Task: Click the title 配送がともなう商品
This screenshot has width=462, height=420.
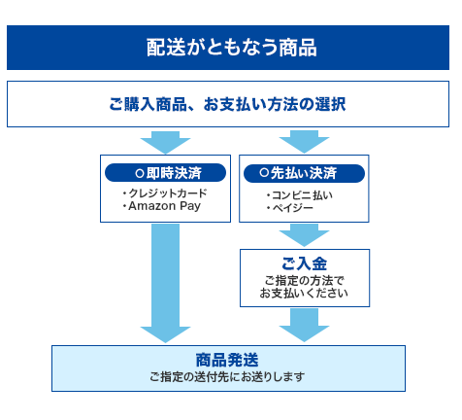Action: tap(231, 48)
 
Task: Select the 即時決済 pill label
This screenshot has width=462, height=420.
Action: tap(166, 172)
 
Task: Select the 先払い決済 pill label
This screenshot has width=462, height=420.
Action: tap(303, 172)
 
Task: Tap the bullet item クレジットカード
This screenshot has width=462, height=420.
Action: tap(164, 193)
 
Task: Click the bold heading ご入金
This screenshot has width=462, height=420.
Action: tap(304, 263)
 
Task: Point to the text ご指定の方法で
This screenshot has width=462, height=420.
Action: tap(304, 280)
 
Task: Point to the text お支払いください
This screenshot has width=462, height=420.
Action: tap(304, 293)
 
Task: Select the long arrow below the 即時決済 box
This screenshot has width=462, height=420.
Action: tap(165, 282)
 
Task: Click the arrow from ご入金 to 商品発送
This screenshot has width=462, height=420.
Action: tap(304, 324)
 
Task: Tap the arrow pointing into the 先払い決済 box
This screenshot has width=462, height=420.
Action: tap(304, 141)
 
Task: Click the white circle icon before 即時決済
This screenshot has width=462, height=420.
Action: tap(140, 172)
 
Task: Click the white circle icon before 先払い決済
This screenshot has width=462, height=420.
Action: tap(264, 172)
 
